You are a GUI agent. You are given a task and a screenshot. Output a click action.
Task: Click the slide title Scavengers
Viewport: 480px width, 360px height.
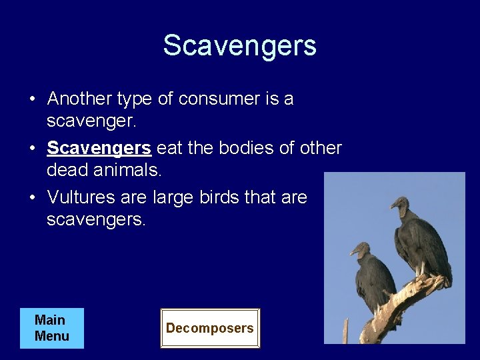239,45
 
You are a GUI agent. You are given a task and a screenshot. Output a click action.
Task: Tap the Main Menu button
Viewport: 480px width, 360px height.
52,328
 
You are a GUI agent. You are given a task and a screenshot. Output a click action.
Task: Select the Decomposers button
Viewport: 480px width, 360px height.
209,328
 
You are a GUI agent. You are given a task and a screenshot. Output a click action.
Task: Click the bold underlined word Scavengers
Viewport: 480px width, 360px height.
99,148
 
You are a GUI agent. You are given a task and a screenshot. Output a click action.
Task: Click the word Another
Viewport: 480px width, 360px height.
79,99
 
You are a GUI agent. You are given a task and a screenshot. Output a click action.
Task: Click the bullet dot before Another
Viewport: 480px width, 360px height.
32,99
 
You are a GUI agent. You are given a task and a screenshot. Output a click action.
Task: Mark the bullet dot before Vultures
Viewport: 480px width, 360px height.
32,198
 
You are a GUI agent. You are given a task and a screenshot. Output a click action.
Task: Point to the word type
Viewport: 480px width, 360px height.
135,99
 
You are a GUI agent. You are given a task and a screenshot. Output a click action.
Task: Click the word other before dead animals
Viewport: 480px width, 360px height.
321,148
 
